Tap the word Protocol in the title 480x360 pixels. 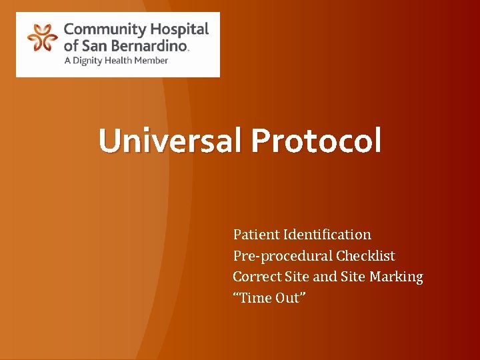(x=317, y=141)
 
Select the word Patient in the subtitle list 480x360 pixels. (x=256, y=235)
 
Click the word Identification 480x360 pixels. (x=327, y=235)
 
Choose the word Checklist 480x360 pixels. (x=365, y=256)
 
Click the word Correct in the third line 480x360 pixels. (x=256, y=277)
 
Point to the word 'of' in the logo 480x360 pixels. (x=70, y=45)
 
